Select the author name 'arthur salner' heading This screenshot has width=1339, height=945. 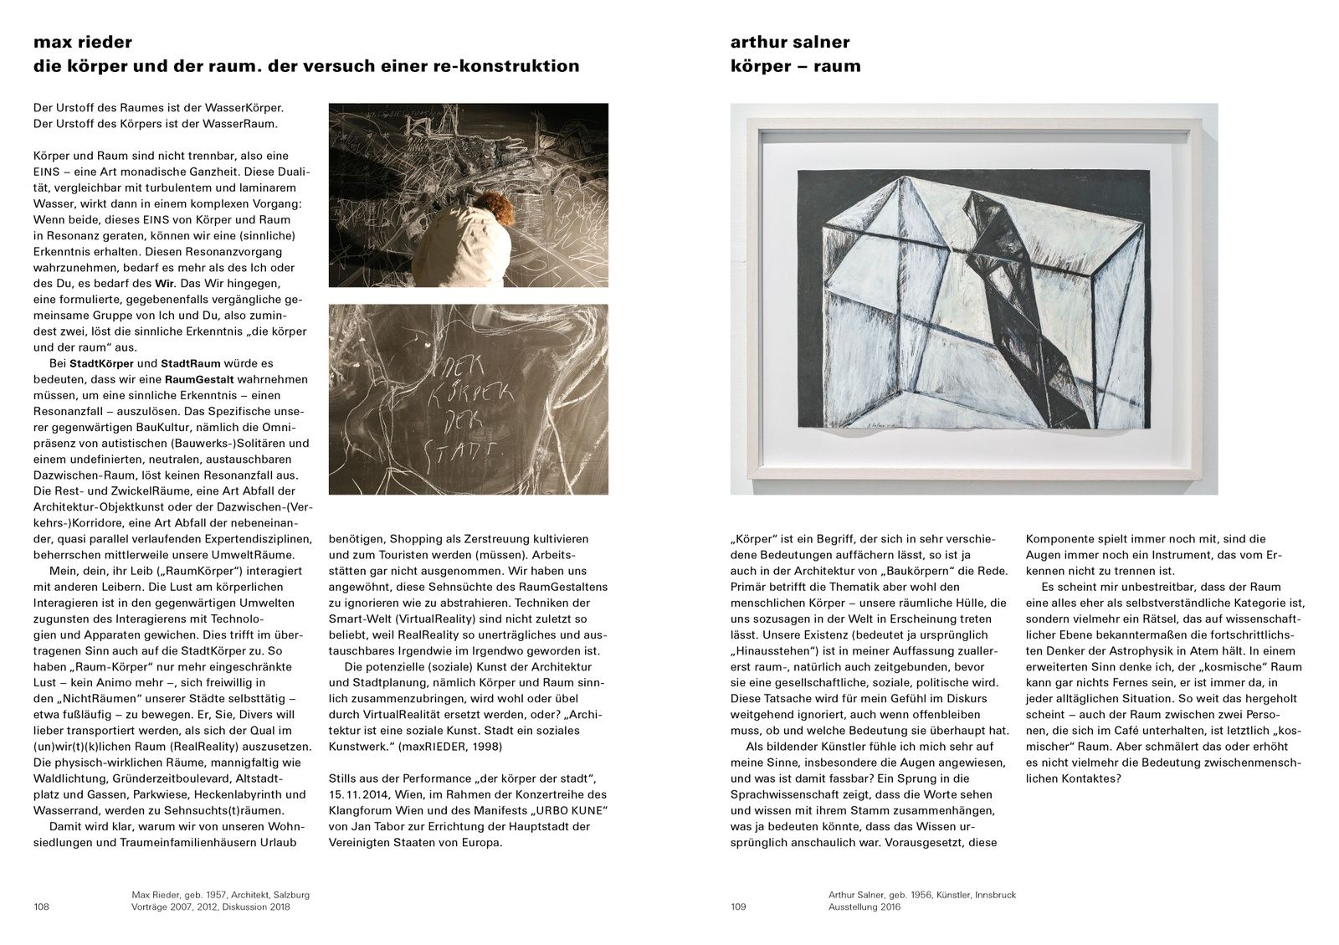(x=790, y=43)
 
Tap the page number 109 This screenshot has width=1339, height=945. (x=737, y=906)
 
